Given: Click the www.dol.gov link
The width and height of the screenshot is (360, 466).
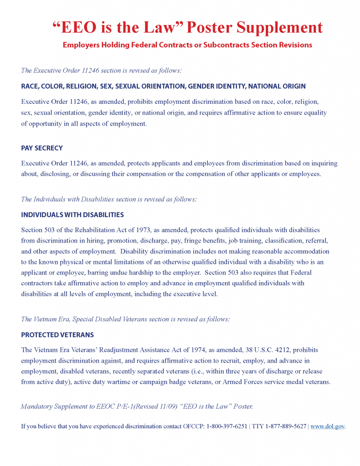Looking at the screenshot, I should [327, 426].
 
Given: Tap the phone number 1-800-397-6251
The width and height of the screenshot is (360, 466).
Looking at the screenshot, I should [227, 426].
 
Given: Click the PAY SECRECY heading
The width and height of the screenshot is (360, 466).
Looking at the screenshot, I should [42, 148].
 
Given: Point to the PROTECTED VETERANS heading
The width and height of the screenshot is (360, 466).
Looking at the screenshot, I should [57, 335].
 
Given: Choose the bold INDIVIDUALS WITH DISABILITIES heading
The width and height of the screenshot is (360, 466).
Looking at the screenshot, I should [72, 215].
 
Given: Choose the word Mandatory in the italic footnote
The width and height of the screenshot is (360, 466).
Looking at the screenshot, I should [37, 406].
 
